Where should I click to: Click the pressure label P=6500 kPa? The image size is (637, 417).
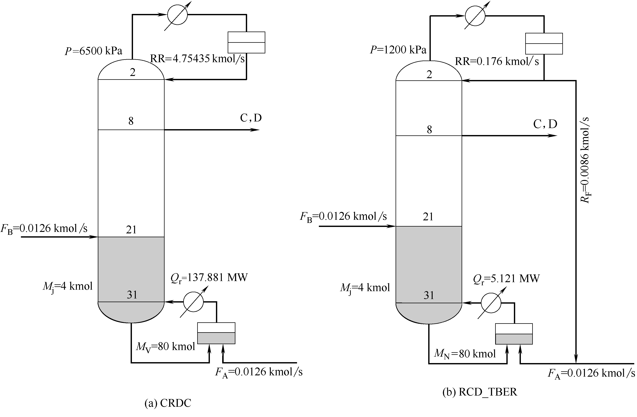pos(93,51)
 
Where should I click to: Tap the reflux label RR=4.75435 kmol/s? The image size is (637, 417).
pos(197,59)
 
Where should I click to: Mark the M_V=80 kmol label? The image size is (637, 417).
pos(166,347)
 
